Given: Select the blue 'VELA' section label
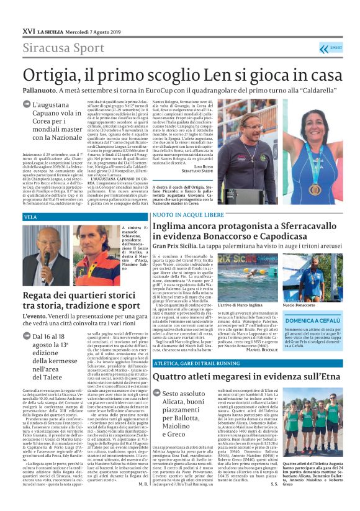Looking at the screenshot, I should pyautogui.click(x=31, y=217).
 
